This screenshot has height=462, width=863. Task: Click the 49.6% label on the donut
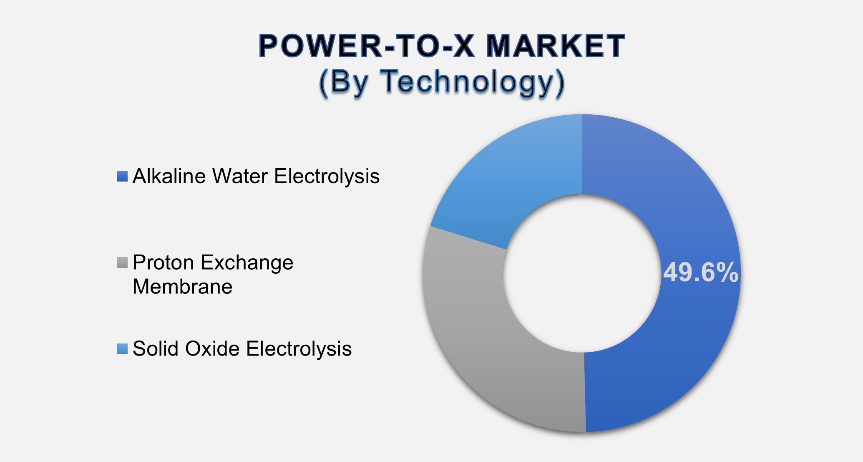pos(701,273)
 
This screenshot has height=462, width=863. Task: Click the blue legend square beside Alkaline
pos(122,177)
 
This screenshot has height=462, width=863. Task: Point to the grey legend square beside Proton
pos(122,263)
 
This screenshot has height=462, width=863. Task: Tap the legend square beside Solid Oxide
pos(122,349)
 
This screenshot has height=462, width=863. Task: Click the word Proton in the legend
pos(164,263)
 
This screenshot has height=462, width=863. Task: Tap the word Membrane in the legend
pos(182,287)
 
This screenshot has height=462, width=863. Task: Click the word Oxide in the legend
pos(212,349)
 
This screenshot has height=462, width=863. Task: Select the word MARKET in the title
pos(556,46)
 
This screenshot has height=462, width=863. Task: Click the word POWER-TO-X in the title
pos(367,46)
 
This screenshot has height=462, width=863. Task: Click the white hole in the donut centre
pos(581,274)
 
